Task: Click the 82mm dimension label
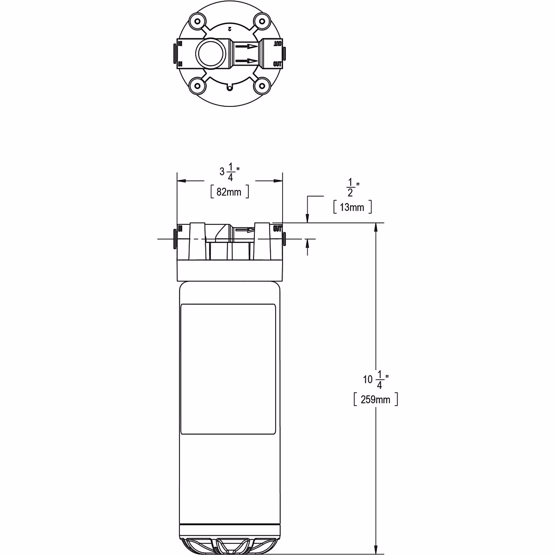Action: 229,192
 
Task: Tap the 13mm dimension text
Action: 352,207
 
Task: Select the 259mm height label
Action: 375,400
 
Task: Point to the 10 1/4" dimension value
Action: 376,380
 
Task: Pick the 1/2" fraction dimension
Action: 352,188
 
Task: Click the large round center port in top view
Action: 211,53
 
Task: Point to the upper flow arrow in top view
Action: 246,46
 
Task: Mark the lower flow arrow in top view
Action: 246,61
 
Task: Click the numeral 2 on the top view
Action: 229,29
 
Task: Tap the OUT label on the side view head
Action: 277,228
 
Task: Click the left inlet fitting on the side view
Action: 175,239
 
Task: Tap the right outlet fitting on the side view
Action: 284,239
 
